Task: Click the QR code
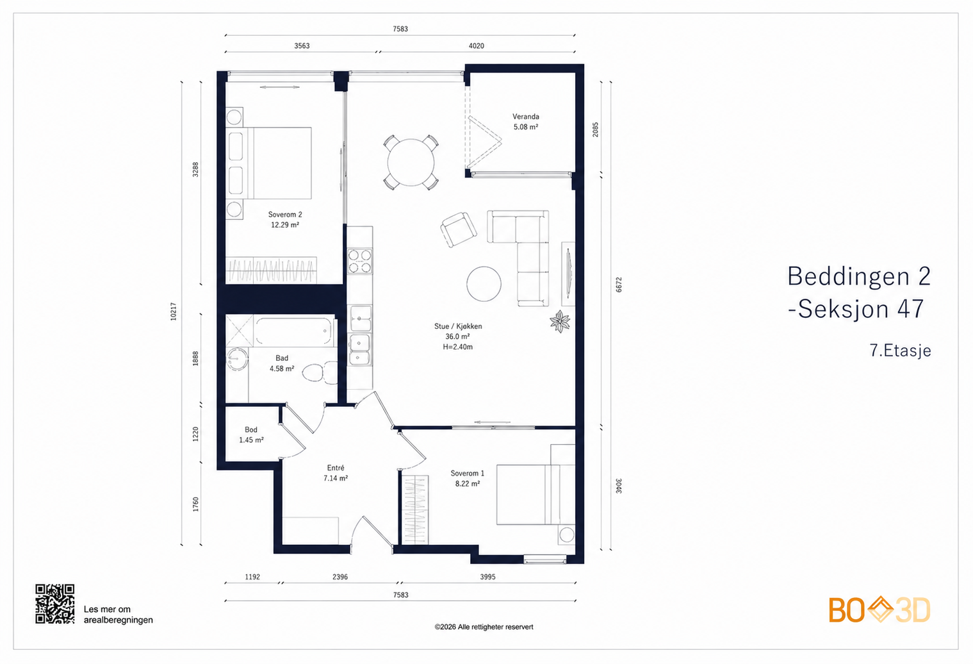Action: [x=54, y=604]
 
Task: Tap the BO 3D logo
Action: [x=879, y=610]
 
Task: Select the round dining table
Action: [x=411, y=163]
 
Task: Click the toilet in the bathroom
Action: [x=320, y=372]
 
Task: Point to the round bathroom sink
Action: [x=237, y=359]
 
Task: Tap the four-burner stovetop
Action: [x=359, y=261]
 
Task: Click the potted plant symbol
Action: [x=560, y=322]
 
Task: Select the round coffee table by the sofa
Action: [x=484, y=284]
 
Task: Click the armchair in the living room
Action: [x=458, y=229]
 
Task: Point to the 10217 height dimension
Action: [x=174, y=311]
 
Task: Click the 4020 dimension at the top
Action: [x=476, y=46]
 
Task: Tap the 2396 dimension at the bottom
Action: [x=340, y=577]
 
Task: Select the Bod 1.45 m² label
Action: [x=251, y=435]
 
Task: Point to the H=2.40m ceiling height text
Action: [x=458, y=347]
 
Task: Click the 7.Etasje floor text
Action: [x=900, y=350]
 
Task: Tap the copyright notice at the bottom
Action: [x=484, y=627]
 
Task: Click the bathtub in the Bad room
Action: [x=293, y=331]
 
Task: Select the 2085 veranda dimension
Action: [x=595, y=129]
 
